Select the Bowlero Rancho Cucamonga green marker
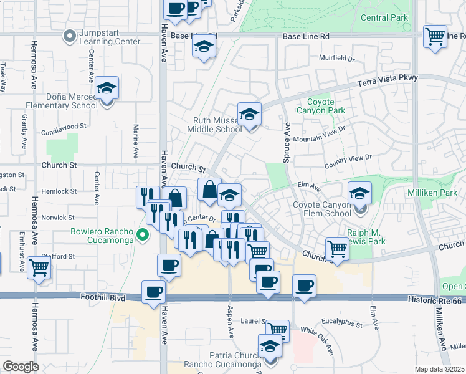click(x=143, y=235)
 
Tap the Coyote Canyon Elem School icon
click(x=359, y=193)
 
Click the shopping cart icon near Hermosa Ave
click(x=39, y=268)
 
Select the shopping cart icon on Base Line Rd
click(x=434, y=36)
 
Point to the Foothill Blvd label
click(x=103, y=299)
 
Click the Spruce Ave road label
click(x=287, y=143)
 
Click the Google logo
click(x=21, y=367)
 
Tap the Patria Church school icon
click(x=270, y=347)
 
